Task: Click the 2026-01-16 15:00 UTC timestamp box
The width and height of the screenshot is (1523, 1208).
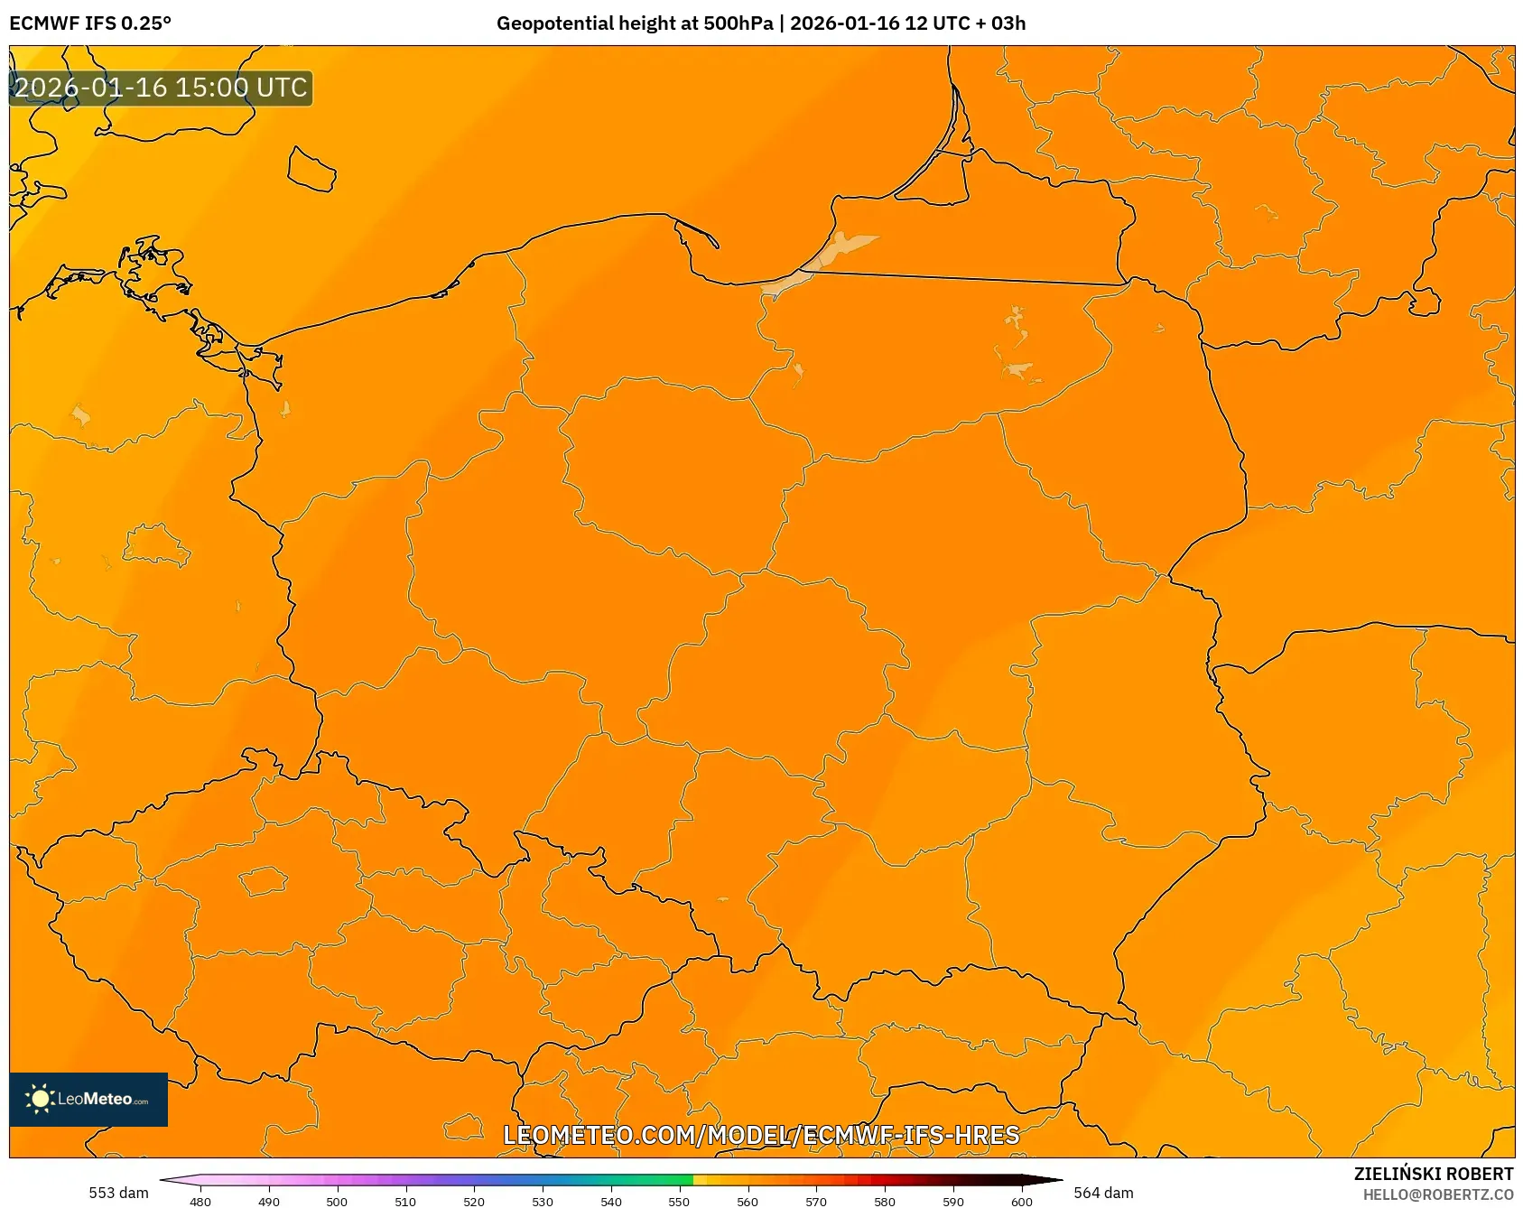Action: (x=161, y=88)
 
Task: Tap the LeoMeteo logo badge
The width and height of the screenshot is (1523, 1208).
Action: (x=88, y=1099)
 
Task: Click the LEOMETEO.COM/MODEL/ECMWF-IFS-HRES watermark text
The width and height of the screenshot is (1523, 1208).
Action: (x=761, y=1135)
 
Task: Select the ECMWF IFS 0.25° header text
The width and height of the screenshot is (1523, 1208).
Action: (x=90, y=23)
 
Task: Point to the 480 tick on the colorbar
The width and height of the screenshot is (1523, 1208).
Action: (x=200, y=1201)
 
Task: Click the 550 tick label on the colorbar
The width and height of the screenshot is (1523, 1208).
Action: (x=679, y=1201)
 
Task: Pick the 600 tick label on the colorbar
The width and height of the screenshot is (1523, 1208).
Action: (x=1021, y=1201)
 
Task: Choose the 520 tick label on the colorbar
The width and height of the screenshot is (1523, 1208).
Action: (x=474, y=1201)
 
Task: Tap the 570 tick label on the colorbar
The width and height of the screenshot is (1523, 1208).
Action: (x=816, y=1201)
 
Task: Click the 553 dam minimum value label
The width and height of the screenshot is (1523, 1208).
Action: (x=118, y=1193)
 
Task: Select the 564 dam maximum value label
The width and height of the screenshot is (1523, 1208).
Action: (x=1103, y=1193)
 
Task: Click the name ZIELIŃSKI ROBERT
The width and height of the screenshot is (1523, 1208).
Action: (x=1434, y=1174)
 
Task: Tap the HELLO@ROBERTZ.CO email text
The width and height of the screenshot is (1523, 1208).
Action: (x=1438, y=1194)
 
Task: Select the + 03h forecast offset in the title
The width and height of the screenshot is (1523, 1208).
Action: (x=1000, y=23)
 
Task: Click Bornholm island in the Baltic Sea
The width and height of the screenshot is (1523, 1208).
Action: (x=311, y=169)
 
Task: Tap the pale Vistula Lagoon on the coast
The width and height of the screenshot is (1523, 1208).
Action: (x=844, y=247)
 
